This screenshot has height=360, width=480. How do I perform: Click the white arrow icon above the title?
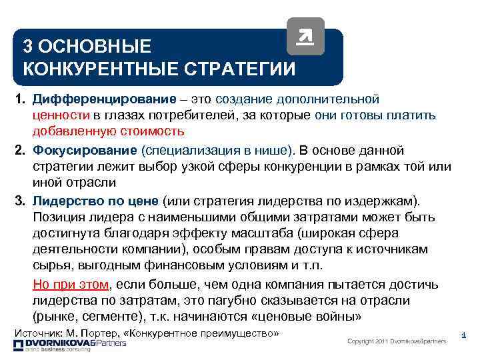click(305, 36)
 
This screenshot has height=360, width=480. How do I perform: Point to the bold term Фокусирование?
click(85, 149)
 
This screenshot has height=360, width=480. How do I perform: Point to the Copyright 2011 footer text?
click(397, 341)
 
